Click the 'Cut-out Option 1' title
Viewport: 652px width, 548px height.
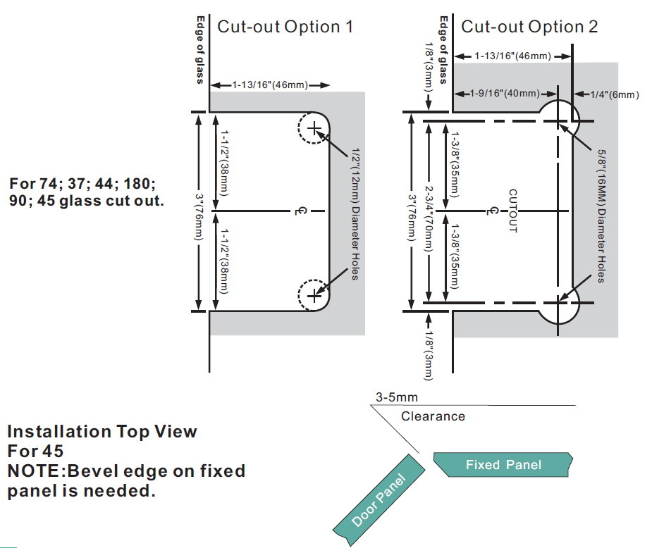[x=285, y=27]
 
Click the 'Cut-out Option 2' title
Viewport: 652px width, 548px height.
[x=529, y=27]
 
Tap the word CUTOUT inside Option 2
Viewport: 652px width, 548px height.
[x=512, y=211]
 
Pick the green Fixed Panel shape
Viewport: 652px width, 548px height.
[x=503, y=464]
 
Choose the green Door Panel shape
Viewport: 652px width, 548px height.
[x=380, y=501]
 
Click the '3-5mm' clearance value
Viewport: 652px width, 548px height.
[x=397, y=397]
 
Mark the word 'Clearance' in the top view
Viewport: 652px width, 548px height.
[x=433, y=416]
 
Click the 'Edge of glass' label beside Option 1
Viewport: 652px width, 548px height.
[x=199, y=49]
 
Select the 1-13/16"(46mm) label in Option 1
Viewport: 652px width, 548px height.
[x=270, y=85]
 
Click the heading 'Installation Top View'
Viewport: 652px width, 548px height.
[x=102, y=431]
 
